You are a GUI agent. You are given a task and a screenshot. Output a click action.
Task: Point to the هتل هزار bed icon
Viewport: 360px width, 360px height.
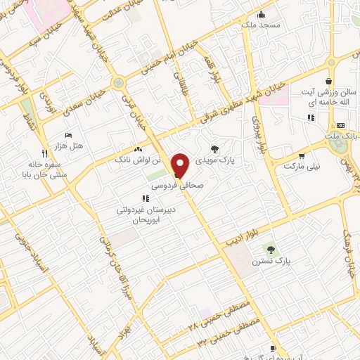[68, 135]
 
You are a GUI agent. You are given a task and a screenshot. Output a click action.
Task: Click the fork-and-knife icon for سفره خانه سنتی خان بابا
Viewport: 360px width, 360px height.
[44, 153]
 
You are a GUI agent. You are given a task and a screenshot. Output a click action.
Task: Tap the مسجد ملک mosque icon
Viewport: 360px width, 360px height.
[261, 14]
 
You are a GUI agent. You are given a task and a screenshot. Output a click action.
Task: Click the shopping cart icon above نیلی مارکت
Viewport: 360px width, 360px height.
[302, 156]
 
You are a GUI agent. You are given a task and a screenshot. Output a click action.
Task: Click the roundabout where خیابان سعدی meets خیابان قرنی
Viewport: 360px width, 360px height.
[119, 82]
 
